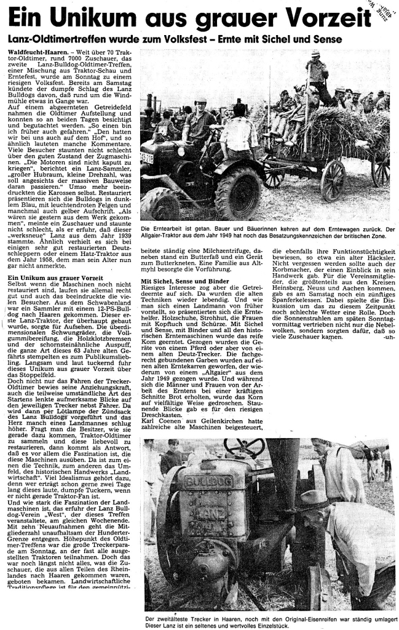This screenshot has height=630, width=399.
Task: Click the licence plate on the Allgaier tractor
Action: click(x=147, y=158)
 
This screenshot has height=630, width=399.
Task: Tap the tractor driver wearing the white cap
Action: click(x=201, y=121)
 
